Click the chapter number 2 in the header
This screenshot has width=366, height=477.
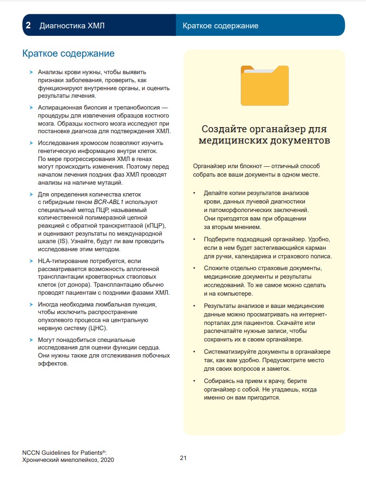point(28,26)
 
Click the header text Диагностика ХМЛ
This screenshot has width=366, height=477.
point(72,26)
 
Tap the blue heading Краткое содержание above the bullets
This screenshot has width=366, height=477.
point(68,54)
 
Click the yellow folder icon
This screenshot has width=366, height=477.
point(264,85)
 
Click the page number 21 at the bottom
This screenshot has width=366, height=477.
point(183,458)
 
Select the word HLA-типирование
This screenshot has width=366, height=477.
point(61,261)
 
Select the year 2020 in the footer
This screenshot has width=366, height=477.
point(106,460)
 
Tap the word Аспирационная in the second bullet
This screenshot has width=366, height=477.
point(59,107)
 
